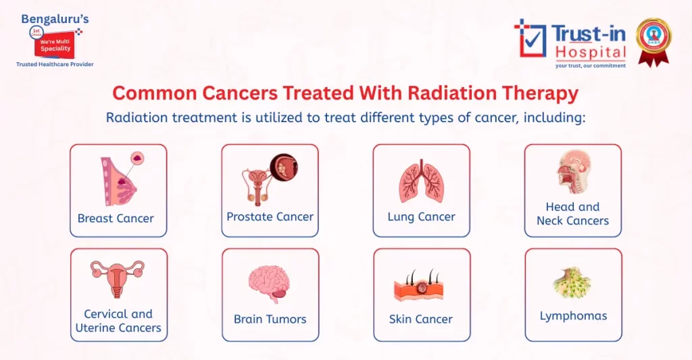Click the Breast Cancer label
point(116,218)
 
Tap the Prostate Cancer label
point(270,217)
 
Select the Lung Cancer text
point(421,217)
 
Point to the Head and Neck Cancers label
point(572,213)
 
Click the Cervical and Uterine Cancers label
point(118,321)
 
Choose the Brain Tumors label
point(270,319)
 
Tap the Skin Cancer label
point(420,319)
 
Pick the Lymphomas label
point(573,315)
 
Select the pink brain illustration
point(269,283)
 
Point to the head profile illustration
point(573,173)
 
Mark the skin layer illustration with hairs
point(419,287)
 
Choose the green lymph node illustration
point(572,283)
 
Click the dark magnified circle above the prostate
point(284,168)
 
